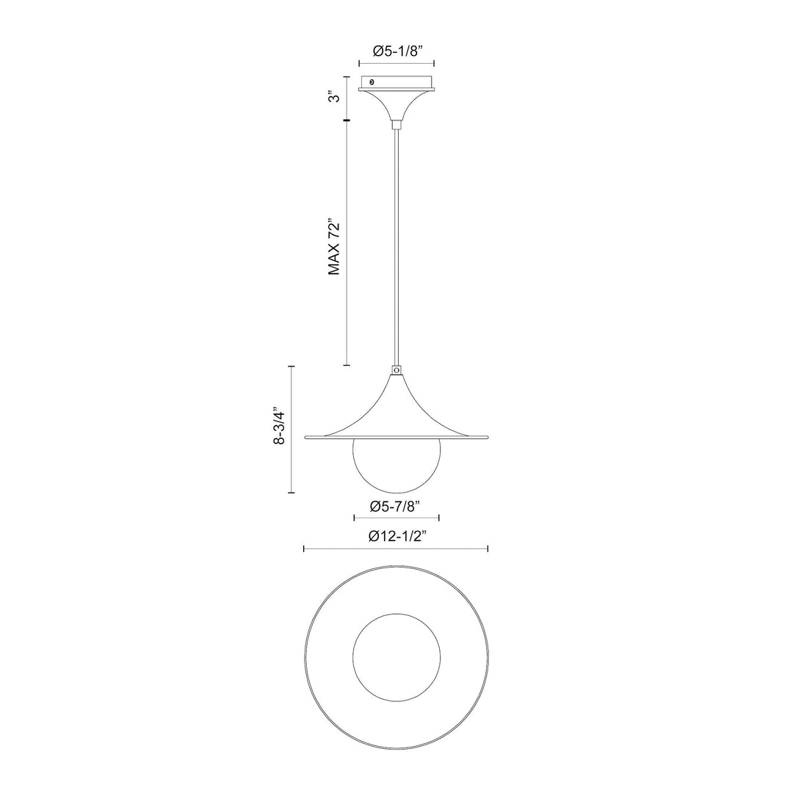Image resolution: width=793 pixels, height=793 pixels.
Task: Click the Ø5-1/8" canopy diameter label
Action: pos(396,51)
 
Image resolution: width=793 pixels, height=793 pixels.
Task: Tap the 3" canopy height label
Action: pos(334,98)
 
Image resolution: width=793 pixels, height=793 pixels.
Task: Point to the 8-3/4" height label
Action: pos(280,430)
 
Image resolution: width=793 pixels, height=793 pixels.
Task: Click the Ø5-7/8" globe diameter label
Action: pos(396,505)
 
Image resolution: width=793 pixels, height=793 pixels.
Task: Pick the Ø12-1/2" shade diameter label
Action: pos(396,536)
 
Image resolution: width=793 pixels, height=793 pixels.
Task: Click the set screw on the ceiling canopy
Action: pos(372,82)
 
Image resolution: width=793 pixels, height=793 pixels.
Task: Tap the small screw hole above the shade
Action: pos(396,372)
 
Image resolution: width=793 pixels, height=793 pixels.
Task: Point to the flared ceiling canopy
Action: pos(396,103)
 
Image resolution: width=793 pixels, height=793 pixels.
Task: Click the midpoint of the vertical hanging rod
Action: pos(396,246)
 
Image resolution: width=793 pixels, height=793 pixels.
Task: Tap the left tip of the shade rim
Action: pos(306,438)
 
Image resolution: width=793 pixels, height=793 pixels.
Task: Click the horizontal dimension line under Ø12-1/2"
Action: pos(396,548)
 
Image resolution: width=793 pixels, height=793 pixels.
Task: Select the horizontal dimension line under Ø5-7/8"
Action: pos(396,518)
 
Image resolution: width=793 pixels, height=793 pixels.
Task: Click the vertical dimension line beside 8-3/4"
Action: pos(292,430)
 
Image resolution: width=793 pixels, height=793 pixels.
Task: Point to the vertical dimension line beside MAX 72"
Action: pos(347,242)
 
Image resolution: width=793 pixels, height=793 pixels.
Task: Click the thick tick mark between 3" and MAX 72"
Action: pos(347,120)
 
